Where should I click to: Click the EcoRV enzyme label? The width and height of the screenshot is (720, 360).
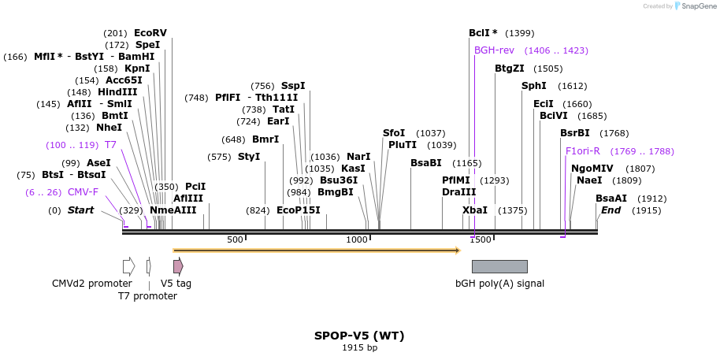pyautogui.click(x=150, y=33)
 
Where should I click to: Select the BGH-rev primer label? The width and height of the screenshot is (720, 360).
pyautogui.click(x=494, y=50)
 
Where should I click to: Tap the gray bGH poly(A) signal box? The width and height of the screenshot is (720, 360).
pyautogui.click(x=499, y=266)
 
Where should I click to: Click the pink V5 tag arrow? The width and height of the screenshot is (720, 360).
pyautogui.click(x=178, y=266)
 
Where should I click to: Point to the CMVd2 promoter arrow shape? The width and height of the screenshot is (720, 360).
pyautogui.click(x=128, y=266)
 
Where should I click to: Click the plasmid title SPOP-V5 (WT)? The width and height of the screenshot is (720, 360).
pyautogui.click(x=359, y=335)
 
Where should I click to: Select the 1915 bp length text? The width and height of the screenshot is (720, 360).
pyautogui.click(x=359, y=347)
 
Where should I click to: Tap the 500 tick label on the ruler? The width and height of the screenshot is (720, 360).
pyautogui.click(x=235, y=239)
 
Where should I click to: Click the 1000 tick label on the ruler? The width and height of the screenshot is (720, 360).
pyautogui.click(x=357, y=239)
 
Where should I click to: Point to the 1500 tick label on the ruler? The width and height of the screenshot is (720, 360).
pyautogui.click(x=480, y=239)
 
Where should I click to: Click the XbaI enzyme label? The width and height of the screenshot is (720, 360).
pyautogui.click(x=475, y=210)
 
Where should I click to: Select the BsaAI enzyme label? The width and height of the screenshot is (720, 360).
pyautogui.click(x=611, y=199)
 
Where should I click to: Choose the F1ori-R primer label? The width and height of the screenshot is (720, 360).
pyautogui.click(x=582, y=151)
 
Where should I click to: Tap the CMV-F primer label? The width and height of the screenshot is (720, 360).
pyautogui.click(x=83, y=192)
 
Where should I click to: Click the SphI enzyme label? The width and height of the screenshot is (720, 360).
pyautogui.click(x=533, y=86)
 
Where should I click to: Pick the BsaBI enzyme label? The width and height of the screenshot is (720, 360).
pyautogui.click(x=425, y=163)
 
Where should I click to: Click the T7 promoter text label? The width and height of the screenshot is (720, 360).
pyautogui.click(x=147, y=296)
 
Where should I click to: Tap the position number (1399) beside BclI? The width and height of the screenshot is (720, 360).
pyautogui.click(x=519, y=33)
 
